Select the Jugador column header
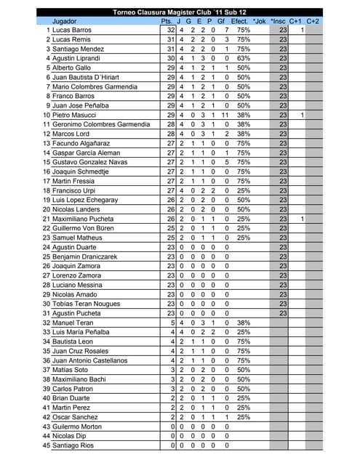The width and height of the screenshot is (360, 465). [x=65, y=21]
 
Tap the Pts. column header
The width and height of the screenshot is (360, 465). [x=167, y=21]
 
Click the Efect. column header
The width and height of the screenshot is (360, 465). [x=239, y=21]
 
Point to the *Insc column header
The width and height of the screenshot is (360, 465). [x=279, y=21]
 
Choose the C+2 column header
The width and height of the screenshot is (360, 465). [x=313, y=21]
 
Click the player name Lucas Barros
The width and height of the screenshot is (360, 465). [x=72, y=31]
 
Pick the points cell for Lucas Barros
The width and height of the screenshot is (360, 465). [x=171, y=31]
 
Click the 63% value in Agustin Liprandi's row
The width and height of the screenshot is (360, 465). [x=244, y=58]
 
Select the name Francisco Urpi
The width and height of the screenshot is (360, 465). [x=76, y=190]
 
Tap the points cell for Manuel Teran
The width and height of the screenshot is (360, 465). [x=172, y=323]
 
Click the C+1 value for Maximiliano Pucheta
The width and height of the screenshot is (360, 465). [x=301, y=219]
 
